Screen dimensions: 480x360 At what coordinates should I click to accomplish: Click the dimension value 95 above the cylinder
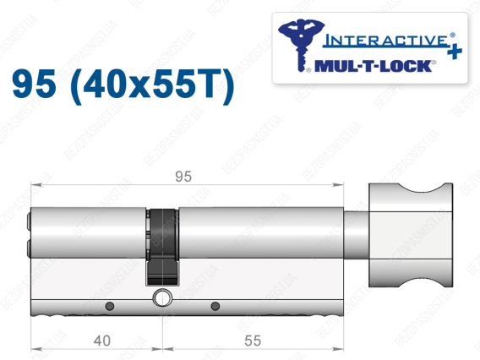[x=183, y=177]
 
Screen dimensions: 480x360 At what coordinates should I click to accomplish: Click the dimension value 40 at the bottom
[x=102, y=341]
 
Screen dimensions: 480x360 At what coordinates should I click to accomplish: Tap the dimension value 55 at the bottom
[x=253, y=341]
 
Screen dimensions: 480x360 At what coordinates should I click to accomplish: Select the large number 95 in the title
[x=34, y=84]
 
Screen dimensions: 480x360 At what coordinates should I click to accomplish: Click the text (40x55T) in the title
[x=152, y=85]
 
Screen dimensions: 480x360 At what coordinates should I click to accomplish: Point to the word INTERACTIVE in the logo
[x=385, y=41]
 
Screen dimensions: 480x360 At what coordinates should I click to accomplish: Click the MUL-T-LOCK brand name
[x=373, y=66]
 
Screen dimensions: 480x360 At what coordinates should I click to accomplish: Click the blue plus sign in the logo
[x=455, y=51]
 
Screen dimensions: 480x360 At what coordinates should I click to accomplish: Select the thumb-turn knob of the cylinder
[x=411, y=235]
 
